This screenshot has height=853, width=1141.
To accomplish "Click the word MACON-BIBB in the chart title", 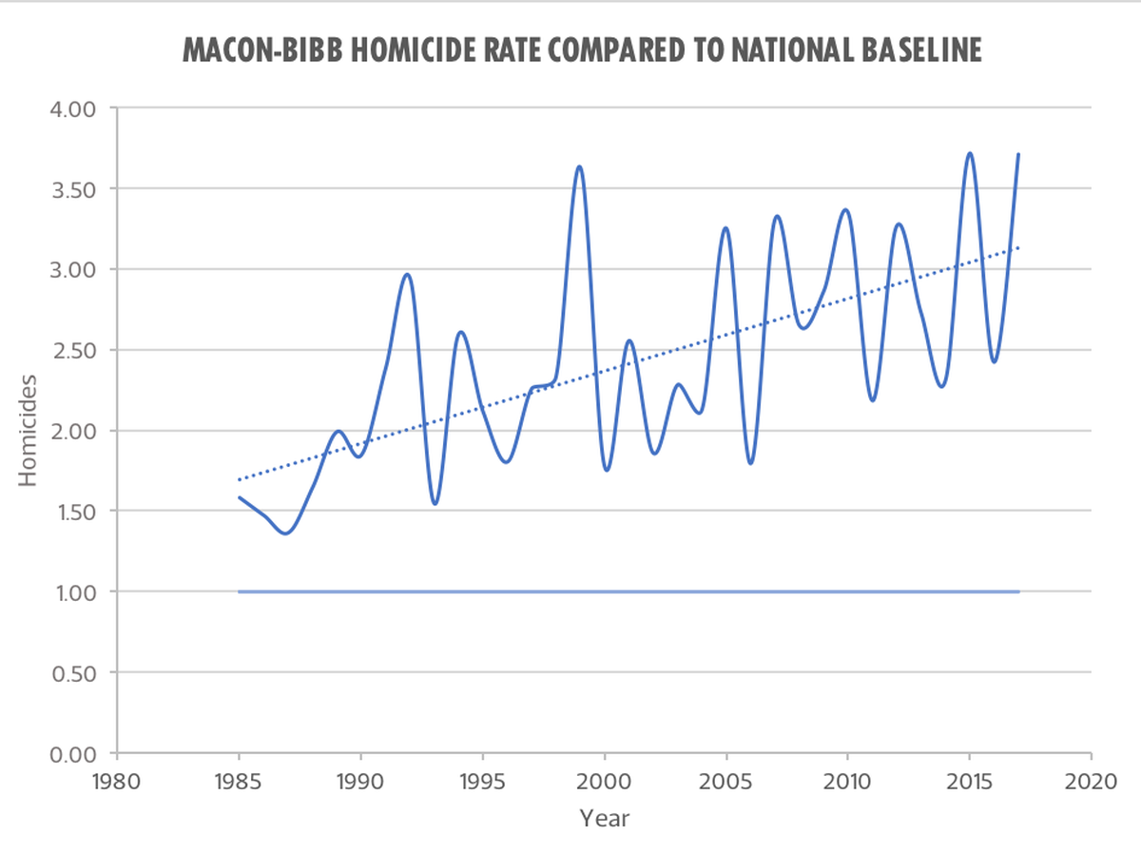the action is (x=262, y=50).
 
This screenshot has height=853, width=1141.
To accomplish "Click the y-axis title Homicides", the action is (x=28, y=431).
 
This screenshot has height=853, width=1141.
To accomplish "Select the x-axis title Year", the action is (x=604, y=818).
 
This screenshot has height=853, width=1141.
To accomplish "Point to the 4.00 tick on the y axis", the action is (x=73, y=109).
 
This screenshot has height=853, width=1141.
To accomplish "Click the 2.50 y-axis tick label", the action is (x=75, y=351).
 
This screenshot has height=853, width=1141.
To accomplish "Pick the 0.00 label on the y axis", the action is (x=73, y=754).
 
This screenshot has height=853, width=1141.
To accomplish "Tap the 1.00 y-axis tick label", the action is (x=76, y=593).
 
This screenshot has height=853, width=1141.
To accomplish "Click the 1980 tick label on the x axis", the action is (x=116, y=782).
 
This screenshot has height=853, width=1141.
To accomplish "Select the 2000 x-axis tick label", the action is (x=604, y=782).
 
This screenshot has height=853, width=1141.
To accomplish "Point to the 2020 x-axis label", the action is (x=1091, y=782).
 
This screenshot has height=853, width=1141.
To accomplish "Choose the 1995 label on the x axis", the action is (x=482, y=782).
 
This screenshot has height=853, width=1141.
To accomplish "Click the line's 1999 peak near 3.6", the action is (x=579, y=166).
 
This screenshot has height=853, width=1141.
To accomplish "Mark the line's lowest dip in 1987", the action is (x=285, y=533).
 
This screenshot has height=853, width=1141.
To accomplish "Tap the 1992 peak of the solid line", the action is (x=407, y=275).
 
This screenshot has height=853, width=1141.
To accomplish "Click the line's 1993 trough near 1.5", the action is (x=435, y=503).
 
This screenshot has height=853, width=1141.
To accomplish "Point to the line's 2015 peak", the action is (x=970, y=153).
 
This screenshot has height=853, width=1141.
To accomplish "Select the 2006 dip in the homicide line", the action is (x=750, y=462).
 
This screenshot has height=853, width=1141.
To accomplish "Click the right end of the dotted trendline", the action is (x=1018, y=248).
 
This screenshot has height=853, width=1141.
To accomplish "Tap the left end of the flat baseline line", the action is (x=239, y=591).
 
